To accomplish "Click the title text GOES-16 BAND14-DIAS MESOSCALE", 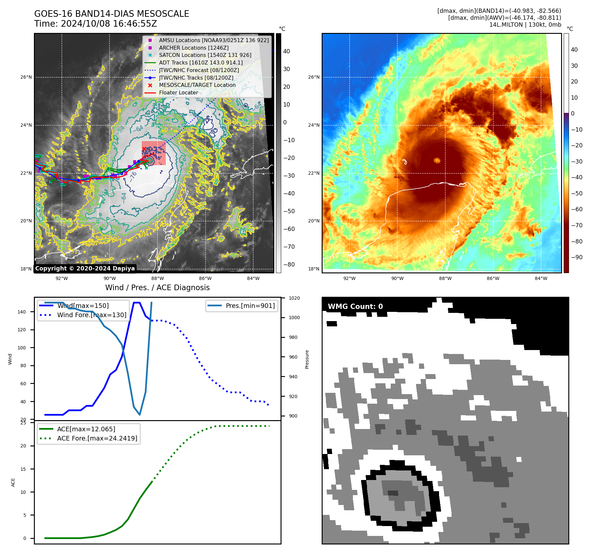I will coord(111,14).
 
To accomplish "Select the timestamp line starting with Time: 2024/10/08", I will coord(95,24).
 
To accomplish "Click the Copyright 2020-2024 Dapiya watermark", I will coord(85,268).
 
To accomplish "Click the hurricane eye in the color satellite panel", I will coord(437,160).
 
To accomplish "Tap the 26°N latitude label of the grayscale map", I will coord(26,77).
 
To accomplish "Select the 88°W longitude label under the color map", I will coord(445,278).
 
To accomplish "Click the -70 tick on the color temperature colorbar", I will coord(577,225).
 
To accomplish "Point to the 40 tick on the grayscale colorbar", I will coord(286,51).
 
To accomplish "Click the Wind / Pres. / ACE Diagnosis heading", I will coord(157,288).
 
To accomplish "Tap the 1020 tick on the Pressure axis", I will coord(294,298).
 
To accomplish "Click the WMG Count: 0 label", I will coord(355,306).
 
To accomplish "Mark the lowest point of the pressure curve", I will coord(140,415).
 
